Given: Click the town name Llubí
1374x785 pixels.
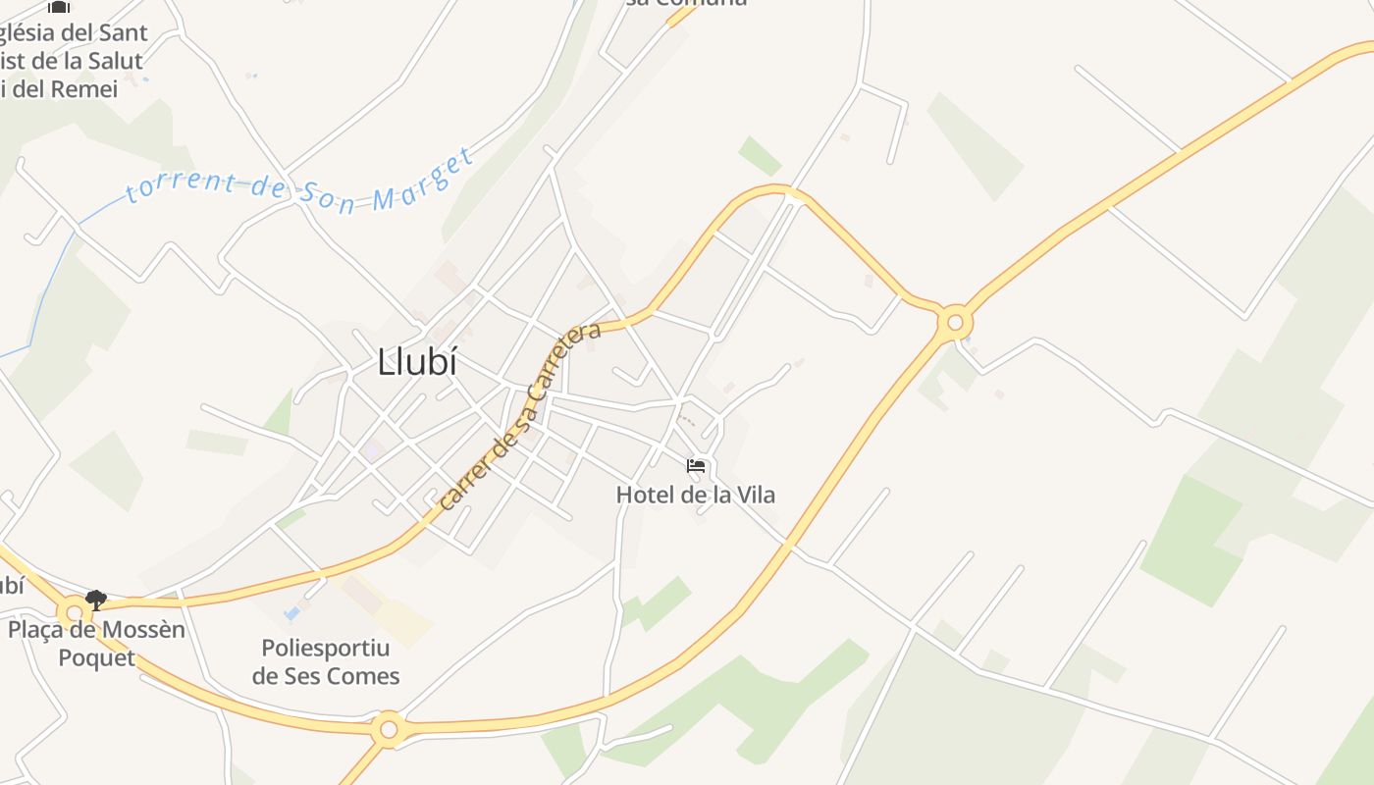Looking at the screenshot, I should point(417,362).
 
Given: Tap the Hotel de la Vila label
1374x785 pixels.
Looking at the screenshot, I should point(695,495).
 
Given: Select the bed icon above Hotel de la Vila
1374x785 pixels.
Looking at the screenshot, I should point(696,465).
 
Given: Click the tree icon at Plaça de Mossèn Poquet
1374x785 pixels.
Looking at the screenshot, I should point(95,599).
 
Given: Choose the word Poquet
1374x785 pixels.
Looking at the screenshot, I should point(96,657).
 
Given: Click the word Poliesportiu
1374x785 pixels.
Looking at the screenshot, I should point(325,648).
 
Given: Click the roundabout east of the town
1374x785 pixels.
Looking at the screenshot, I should point(954,322).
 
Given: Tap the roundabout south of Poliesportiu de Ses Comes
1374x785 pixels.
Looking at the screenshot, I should point(389,729).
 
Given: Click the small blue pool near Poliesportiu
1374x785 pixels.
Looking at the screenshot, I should point(291,613).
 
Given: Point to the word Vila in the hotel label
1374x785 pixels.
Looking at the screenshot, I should point(755,495).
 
